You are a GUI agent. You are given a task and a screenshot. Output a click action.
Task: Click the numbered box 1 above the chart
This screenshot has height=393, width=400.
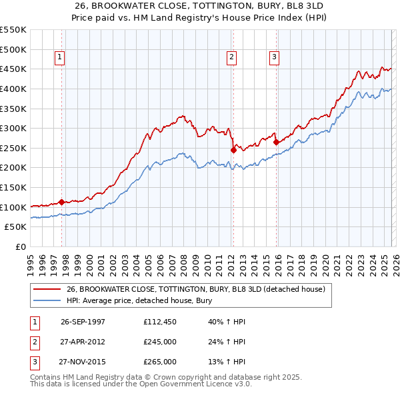[60, 58]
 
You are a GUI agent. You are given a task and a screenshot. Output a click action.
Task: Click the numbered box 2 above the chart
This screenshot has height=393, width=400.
[231, 58]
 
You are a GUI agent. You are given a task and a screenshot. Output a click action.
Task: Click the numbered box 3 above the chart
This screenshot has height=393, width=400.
[274, 58]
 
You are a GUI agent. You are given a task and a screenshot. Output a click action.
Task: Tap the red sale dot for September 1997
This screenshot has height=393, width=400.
[62, 202]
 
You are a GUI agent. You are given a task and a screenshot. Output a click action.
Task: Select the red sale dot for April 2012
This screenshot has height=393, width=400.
[233, 150]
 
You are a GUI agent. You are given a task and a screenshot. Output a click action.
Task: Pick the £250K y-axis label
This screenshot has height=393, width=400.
[13, 148]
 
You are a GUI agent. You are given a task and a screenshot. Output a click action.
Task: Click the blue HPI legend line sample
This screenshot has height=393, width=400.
[47, 300]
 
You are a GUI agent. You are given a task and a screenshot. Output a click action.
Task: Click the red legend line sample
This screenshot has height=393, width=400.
[47, 289]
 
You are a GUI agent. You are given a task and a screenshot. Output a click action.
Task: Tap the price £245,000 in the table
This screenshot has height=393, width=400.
[160, 342]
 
